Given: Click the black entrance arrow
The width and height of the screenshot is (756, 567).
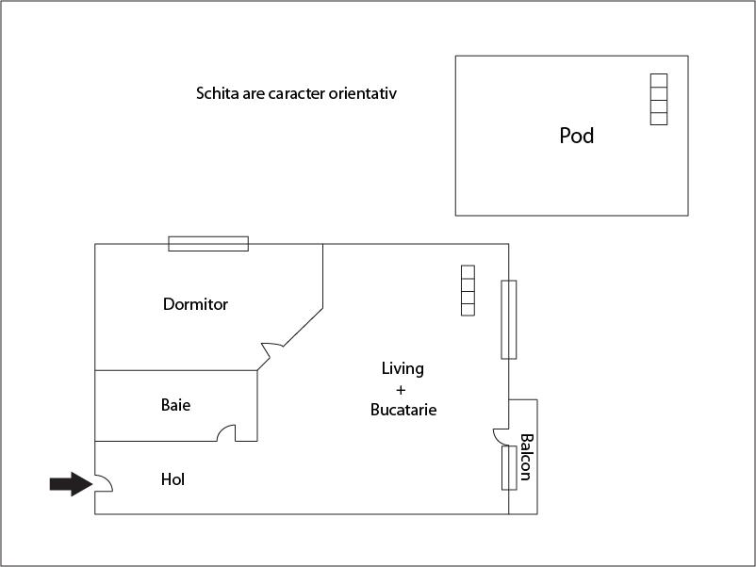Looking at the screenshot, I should click(x=68, y=483).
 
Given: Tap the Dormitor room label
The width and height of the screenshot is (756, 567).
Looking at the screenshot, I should click(x=195, y=304).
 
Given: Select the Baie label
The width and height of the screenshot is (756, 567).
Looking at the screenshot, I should click(x=175, y=405).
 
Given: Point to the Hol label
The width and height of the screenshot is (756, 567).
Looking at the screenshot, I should click(x=173, y=479).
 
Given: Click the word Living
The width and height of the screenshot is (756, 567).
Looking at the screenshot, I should click(x=403, y=368).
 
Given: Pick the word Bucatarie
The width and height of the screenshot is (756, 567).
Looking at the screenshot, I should click(x=403, y=411).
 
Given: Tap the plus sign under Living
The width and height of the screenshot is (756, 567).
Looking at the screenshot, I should click(x=401, y=389).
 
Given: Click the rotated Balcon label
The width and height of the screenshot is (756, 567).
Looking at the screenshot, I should click(x=526, y=457).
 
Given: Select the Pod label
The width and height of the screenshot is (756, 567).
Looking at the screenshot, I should click(x=577, y=136).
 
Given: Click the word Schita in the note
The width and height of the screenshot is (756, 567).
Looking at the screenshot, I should click(x=216, y=93).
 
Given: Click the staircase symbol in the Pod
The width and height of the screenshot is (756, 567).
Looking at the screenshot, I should click(x=658, y=99).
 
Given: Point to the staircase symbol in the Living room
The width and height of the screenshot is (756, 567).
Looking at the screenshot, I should click(x=468, y=291).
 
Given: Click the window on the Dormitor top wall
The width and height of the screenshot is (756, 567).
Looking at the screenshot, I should click(x=208, y=244).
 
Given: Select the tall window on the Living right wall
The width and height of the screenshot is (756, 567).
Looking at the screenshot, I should click(x=509, y=319).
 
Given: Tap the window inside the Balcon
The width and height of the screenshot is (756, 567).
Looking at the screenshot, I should click(x=509, y=467).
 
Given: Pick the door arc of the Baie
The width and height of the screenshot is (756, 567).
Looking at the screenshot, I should click(x=226, y=432).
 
